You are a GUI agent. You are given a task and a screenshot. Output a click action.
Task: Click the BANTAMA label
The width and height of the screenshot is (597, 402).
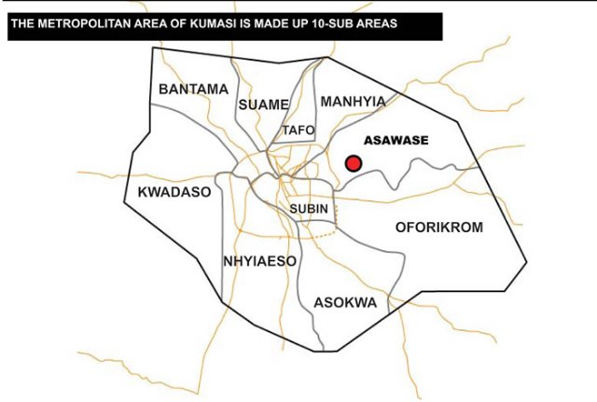coord(193,90)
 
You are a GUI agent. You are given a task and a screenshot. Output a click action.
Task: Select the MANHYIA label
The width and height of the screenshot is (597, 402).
coord(352,101)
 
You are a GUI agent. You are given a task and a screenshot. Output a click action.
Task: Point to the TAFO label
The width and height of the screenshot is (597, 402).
coord(298,131)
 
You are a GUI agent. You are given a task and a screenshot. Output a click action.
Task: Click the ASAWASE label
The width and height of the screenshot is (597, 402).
coord(396,141)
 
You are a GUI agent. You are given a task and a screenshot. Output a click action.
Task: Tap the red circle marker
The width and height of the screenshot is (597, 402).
coord(354,163)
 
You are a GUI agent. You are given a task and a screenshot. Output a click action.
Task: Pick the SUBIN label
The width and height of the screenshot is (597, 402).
coord(309,209)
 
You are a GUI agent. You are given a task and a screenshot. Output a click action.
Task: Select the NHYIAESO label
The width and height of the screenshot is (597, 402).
coord(260,261)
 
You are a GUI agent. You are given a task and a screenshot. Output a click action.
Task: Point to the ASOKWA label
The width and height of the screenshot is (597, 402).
coord(345,303)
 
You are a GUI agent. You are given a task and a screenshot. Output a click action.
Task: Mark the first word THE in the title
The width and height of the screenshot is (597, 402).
coord(23,23)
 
